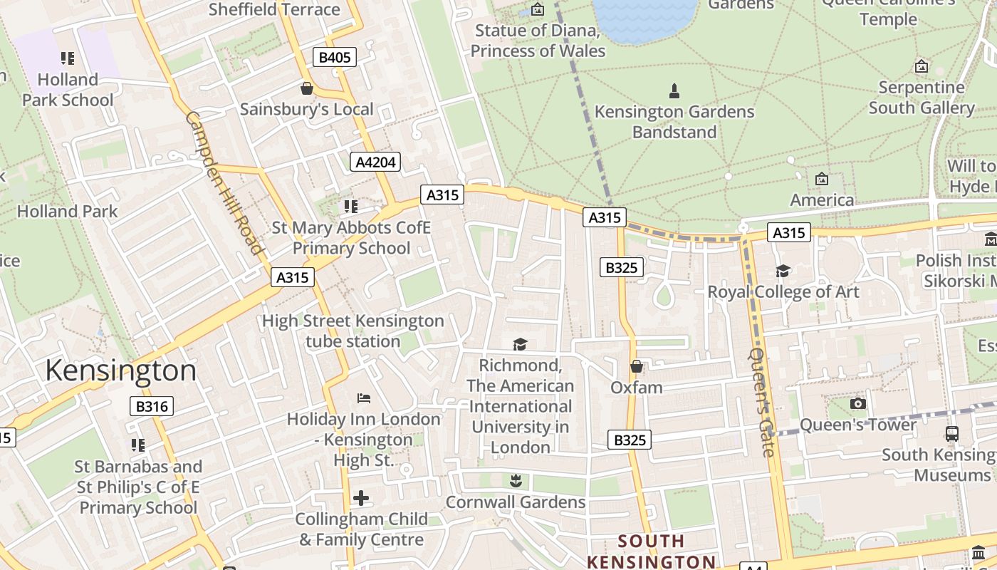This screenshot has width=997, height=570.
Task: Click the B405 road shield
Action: tap(334, 57)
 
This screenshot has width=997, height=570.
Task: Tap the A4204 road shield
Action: tap(375, 162)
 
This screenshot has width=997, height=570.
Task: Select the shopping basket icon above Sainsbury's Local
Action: tap(307, 88)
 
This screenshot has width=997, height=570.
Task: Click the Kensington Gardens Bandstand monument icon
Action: tap(674, 91)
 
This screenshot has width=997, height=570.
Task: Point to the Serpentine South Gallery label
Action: tap(921, 98)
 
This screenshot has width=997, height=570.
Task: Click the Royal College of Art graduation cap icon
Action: tap(783, 271)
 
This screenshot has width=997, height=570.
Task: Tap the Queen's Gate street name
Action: tap(761, 402)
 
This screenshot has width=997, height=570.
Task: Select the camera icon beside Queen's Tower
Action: tap(858, 404)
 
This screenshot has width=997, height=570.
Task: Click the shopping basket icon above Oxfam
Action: tap(636, 366)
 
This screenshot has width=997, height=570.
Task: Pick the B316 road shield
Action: tap(152, 407)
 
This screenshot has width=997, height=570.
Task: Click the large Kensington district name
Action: tap(120, 371)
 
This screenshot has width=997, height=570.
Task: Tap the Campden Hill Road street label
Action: tap(224, 182)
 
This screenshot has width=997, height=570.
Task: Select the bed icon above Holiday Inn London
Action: tap(364, 398)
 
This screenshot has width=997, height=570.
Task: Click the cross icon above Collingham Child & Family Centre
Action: tap(361, 497)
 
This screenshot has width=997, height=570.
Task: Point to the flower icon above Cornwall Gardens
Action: tap(516, 481)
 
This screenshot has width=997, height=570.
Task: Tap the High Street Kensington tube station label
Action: tap(353, 331)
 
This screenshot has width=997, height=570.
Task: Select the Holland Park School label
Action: tap(68, 90)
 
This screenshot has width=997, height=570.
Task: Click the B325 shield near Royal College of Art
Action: tap(621, 267)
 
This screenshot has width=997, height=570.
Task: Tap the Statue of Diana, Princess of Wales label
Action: tap(538, 41)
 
